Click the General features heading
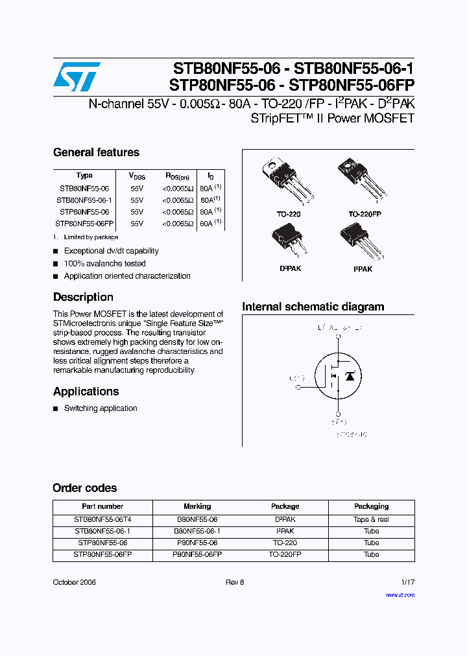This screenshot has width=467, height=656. [96, 153]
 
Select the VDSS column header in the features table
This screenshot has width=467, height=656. [137, 176]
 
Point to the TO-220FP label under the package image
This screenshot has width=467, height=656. [365, 214]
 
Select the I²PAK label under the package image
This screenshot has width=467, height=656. [363, 269]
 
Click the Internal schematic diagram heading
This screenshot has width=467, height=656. [313, 307]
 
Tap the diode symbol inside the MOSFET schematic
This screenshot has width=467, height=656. [350, 375]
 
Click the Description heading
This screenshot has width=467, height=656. [83, 298]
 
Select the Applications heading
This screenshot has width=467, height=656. [86, 392]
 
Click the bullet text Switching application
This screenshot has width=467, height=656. [101, 408]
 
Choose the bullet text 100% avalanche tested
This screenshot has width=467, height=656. [104, 264]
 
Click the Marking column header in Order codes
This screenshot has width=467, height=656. [197, 506]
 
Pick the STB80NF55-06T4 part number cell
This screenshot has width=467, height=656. [102, 519]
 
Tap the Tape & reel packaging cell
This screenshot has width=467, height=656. [371, 519]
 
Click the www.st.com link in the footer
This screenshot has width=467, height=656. [400, 595]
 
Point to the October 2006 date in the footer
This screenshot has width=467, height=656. [74, 583]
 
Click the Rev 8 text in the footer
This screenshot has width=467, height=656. [234, 583]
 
